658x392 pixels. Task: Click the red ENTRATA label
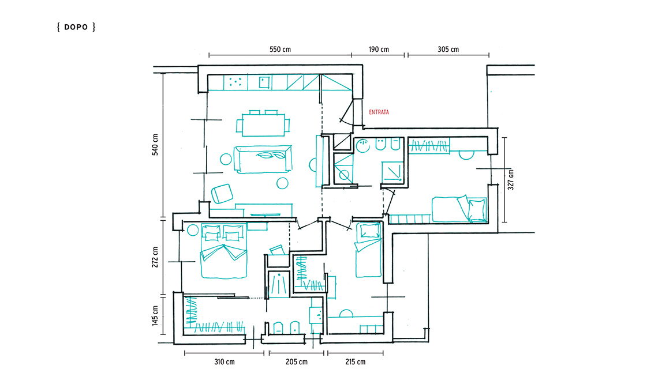tap(379, 112)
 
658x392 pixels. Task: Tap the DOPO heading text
tap(76, 27)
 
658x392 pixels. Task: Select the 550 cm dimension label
tap(280, 50)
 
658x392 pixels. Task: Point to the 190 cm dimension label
tap(379, 50)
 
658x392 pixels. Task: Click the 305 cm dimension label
tap(448, 50)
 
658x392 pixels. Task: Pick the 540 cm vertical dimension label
tap(155, 145)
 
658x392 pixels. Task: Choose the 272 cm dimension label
tap(155, 257)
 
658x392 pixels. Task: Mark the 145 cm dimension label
tap(155, 316)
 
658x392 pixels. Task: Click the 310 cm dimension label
tap(225, 362)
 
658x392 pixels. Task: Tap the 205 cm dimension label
tap(297, 362)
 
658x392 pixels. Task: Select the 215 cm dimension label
tap(356, 362)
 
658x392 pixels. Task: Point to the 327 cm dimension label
tap(511, 180)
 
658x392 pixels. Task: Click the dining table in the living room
tap(263, 125)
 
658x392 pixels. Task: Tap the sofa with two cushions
tap(263, 159)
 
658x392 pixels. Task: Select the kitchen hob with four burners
tap(235, 82)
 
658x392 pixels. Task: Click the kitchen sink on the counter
tap(264, 82)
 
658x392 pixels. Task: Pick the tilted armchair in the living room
tap(222, 194)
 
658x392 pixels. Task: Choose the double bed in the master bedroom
tap(224, 251)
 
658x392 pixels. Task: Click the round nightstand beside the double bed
tap(193, 230)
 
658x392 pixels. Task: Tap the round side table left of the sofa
tap(226, 159)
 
